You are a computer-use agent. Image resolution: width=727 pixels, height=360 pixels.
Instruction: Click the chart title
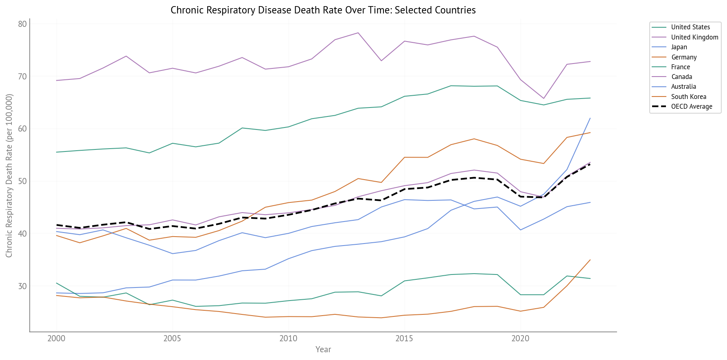coord(323,10)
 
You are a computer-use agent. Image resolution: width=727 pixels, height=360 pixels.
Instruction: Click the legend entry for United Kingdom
coord(694,37)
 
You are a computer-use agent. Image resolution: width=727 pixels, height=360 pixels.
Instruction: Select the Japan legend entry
coord(679,47)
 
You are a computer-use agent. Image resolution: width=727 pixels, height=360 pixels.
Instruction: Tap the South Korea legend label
coord(688,97)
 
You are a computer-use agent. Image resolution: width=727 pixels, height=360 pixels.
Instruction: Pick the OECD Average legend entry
coord(692,107)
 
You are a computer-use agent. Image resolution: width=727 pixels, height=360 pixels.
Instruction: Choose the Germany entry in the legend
coord(684,57)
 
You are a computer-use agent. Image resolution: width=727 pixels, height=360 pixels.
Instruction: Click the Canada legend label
coord(681,77)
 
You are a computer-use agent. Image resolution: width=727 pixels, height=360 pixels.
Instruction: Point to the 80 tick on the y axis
coord(22,24)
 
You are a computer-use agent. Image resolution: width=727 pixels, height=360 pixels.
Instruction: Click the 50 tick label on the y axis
coord(22,181)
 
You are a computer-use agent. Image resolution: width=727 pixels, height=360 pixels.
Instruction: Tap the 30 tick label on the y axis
coord(22,286)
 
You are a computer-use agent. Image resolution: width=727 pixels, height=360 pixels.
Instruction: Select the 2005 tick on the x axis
coord(172,338)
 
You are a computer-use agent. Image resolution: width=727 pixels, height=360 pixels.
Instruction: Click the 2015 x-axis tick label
coord(404,338)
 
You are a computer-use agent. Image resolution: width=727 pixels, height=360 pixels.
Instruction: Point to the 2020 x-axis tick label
coord(520,338)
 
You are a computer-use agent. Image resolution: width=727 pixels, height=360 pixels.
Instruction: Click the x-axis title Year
coord(323,349)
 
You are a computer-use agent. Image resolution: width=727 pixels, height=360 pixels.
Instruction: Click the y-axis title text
coord(9,176)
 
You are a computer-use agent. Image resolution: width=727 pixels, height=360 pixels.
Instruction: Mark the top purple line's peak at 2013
coord(358,33)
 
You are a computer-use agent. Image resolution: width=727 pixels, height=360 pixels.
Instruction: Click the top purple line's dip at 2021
coord(543,99)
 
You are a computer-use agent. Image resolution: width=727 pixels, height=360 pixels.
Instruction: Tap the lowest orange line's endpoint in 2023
coord(590,260)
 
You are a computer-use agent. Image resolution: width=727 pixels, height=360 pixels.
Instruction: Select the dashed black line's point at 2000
coord(57,225)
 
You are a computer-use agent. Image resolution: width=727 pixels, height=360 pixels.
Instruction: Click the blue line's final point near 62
coord(590,118)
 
